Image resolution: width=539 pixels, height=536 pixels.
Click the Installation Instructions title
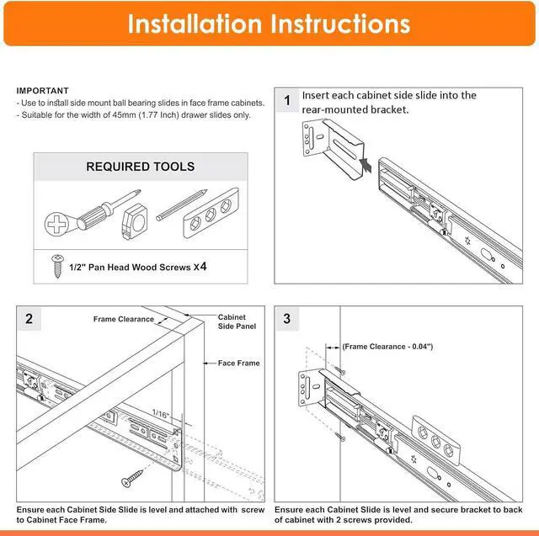[269, 24]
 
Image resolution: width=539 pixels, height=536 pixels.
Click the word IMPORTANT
[42, 91]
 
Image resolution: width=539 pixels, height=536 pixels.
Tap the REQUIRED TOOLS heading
[141, 167]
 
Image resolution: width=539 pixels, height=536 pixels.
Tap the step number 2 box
[29, 319]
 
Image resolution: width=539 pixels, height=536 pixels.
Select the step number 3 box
[287, 319]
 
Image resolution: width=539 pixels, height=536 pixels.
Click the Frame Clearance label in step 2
[124, 320]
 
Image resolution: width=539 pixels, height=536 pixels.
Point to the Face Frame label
[239, 364]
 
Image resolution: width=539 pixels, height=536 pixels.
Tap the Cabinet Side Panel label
[236, 321]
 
